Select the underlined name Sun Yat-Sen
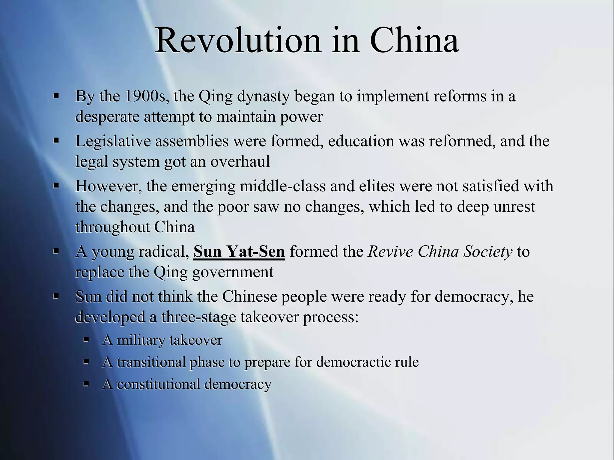[239, 252]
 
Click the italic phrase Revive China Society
[440, 252]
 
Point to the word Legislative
[113, 141]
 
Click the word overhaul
[240, 162]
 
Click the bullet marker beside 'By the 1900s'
[56, 96]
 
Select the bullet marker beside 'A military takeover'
[86, 340]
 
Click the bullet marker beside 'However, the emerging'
[56, 186]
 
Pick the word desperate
[107, 117]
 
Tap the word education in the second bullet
[361, 141]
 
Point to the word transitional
[151, 362]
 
